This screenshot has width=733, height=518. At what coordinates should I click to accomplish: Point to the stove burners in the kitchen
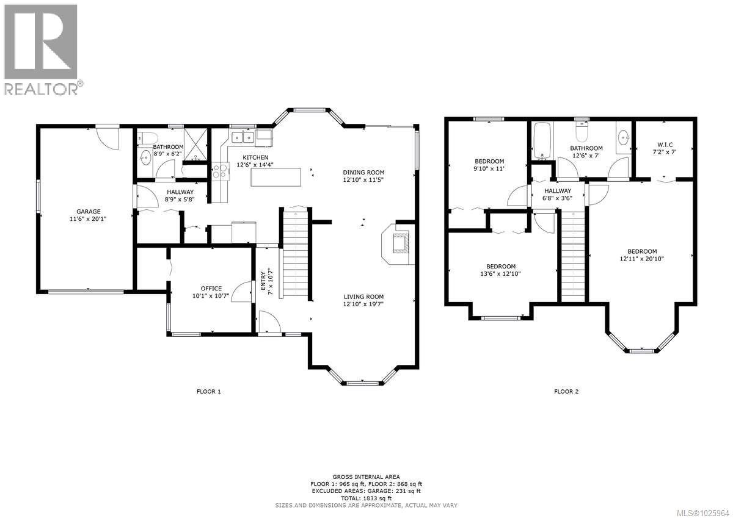219,173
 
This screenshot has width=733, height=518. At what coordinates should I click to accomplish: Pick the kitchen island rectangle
276,178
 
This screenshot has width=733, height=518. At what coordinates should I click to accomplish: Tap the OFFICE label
211,289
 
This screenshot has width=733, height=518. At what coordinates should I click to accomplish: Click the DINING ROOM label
363,172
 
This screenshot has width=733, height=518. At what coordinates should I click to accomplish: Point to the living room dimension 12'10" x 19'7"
363,304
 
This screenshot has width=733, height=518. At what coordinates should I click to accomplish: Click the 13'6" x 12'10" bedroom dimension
501,274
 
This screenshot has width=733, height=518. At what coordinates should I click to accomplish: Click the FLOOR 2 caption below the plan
566,391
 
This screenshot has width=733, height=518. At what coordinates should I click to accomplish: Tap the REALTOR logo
41,49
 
